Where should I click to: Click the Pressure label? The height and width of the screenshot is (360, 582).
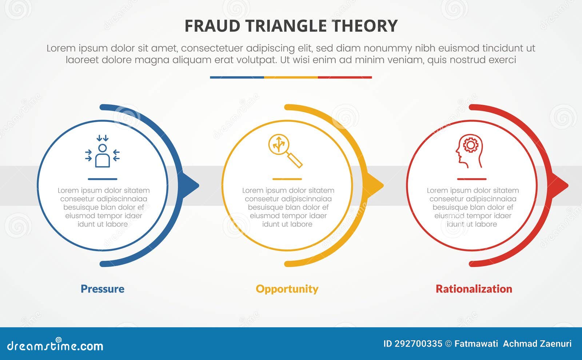pos(103,289)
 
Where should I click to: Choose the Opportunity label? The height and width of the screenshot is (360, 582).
pos(287,289)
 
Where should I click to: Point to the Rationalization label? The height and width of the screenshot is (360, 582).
pos(474,289)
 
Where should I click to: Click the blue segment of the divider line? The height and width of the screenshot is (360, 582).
pos(237,77)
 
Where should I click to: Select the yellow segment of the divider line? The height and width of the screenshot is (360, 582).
pos(291,77)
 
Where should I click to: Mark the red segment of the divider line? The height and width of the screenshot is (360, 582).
pos(345,77)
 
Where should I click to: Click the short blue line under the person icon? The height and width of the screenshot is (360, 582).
pos(103,179)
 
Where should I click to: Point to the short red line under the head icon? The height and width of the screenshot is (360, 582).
pos(472,179)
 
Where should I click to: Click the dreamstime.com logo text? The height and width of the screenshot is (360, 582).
pos(55,346)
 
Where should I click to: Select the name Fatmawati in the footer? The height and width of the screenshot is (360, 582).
pos(476,344)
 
